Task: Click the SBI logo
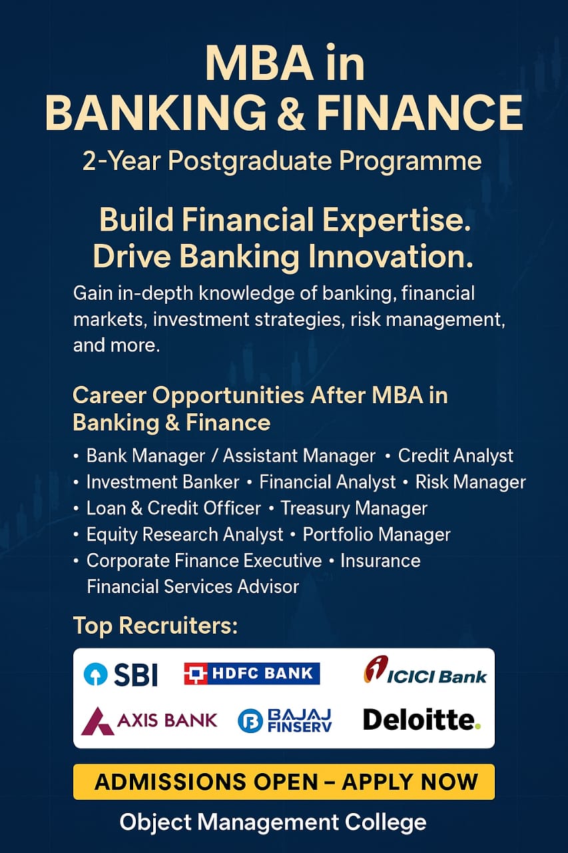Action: (121, 674)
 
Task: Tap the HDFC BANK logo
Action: (252, 673)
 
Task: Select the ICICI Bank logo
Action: (425, 670)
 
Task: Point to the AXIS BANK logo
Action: (149, 720)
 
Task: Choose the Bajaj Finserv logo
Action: (284, 720)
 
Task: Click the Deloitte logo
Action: (422, 719)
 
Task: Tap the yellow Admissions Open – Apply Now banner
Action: (284, 782)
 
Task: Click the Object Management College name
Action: (273, 822)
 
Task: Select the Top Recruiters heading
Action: (155, 625)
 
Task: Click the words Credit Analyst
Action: (455, 455)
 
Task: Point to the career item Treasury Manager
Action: (354, 508)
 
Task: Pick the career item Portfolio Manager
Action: (376, 534)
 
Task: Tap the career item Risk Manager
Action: (470, 482)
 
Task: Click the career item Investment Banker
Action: (163, 482)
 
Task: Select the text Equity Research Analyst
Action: (184, 534)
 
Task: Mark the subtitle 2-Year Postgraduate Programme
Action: (282, 161)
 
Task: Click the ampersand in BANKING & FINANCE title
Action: (290, 113)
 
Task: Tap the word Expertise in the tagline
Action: (397, 221)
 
